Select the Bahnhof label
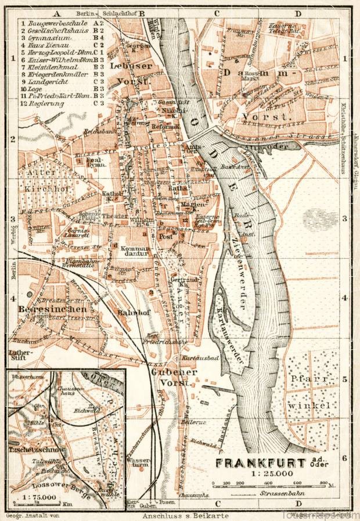click(x=131, y=312)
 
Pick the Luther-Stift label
click(x=21, y=356)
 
